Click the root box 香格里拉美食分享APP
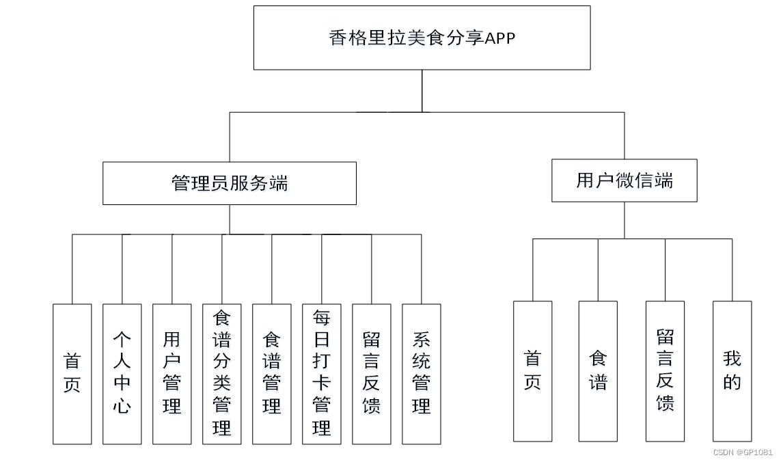(x=422, y=38)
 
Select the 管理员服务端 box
(x=229, y=183)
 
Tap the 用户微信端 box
(x=624, y=180)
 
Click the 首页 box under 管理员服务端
(x=72, y=374)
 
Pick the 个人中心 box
(x=122, y=374)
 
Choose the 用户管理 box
(x=171, y=374)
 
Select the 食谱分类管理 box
(x=221, y=374)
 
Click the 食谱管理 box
(x=271, y=374)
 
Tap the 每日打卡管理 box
(x=321, y=374)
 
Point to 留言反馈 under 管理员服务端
(x=371, y=374)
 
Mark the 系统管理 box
(x=421, y=374)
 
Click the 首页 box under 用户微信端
(x=532, y=371)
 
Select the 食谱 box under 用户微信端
(x=598, y=371)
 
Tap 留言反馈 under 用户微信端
(x=665, y=371)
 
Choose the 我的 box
(x=732, y=371)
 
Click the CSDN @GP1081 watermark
(x=743, y=452)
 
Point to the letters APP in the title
(x=500, y=38)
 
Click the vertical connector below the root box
(x=422, y=90)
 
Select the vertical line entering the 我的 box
(x=732, y=270)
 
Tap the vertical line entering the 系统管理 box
(x=421, y=269)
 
